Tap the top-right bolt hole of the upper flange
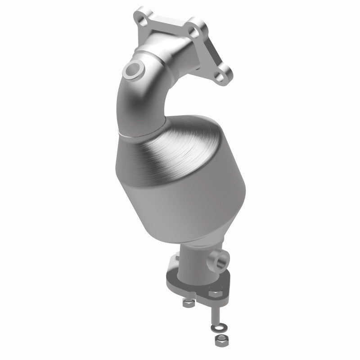[x=194, y=31]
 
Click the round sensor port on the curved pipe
[x=133, y=69]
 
